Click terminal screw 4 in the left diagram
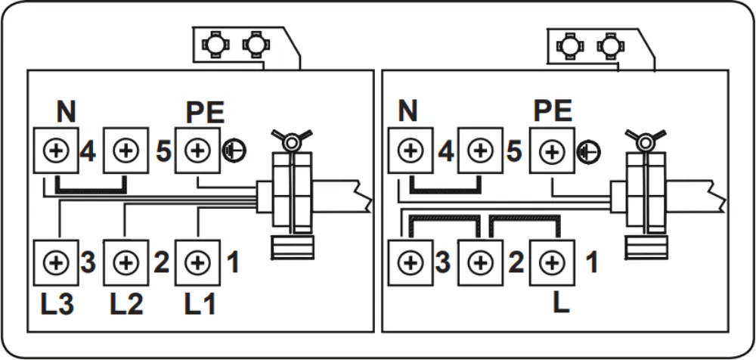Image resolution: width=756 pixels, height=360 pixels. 55,150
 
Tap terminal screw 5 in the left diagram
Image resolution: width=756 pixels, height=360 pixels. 124,150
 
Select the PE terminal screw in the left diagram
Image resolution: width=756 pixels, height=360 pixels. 197,150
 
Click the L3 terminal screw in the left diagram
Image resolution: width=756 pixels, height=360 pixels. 55,263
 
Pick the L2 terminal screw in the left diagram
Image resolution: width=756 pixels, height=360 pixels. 124,263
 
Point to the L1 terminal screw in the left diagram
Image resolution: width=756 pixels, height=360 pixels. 197,263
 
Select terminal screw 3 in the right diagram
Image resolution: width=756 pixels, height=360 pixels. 411,263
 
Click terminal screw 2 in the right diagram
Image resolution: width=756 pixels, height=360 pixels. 479,263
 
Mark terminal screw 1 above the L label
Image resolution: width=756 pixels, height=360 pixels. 552,263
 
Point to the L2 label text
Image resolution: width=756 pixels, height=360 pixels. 125,305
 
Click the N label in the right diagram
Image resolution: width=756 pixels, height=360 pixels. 408,112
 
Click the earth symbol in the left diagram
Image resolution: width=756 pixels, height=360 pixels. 232,151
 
